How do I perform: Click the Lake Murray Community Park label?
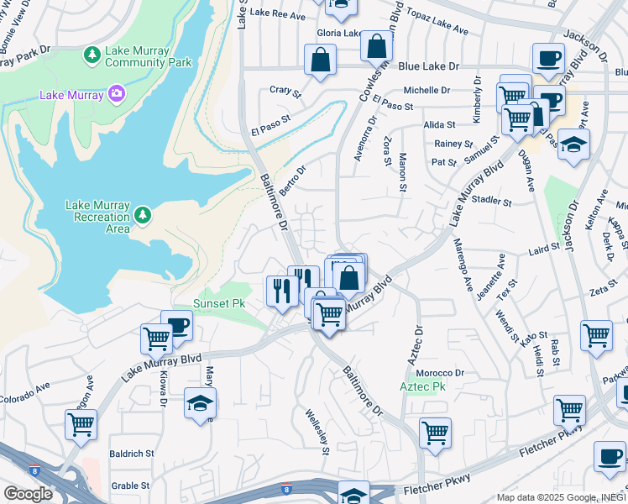tap(148, 56)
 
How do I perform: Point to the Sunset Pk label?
tap(219, 302)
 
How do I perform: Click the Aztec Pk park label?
tap(421, 386)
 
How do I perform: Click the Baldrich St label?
tap(131, 453)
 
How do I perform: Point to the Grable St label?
tap(130, 486)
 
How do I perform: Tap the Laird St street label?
tap(544, 248)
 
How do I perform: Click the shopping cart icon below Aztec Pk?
tap(435, 433)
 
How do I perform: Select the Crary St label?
tap(285, 90)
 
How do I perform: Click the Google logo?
tap(27, 493)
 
